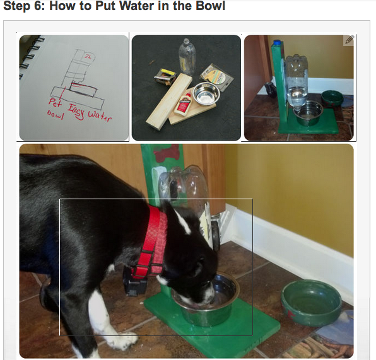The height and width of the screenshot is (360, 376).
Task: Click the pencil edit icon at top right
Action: [x=349, y=40]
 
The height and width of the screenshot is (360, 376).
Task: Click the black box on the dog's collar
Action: [x=134, y=281]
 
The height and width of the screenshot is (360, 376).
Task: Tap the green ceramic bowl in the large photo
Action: [x=311, y=301]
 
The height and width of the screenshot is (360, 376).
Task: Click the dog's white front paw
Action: [x=117, y=341]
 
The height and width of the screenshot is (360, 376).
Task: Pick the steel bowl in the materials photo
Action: [x=205, y=94]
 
